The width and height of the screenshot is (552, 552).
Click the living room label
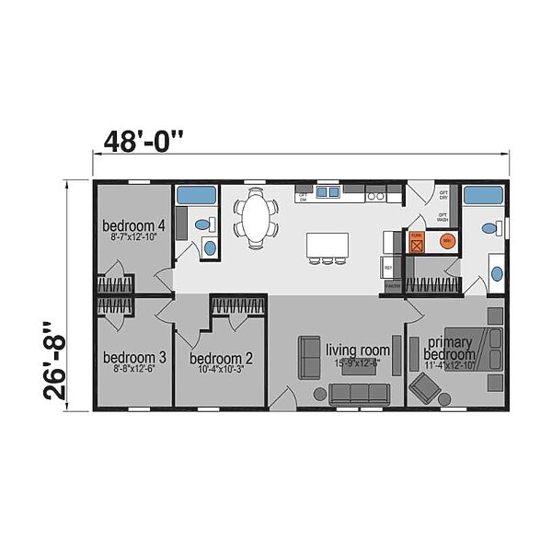point(358,351)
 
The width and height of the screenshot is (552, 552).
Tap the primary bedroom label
point(450,349)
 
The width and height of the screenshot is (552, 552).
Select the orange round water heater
point(447,242)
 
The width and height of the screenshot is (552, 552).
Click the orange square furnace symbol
point(416,242)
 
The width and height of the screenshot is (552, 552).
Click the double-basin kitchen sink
point(328,192)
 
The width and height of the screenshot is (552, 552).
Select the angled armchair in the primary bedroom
point(425,392)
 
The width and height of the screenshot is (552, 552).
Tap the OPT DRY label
point(443,194)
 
